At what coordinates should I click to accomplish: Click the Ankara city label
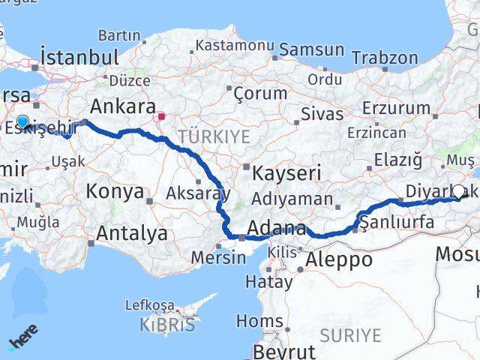coord(122,106)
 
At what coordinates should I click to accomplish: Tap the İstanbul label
coord(80,57)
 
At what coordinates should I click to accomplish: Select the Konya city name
coord(115,191)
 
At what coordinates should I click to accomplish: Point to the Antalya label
coord(132,233)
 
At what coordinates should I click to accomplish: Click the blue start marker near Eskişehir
coord(22,122)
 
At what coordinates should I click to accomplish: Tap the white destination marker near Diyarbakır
coord(459,191)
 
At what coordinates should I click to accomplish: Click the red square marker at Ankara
coord(161,117)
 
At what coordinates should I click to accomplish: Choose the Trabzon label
coord(385,57)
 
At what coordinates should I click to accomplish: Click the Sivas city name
coord(322,115)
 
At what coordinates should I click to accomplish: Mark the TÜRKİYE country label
coord(202,136)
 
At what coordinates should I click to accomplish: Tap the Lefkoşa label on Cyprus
coord(150,305)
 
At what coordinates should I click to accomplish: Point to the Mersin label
coord(218,257)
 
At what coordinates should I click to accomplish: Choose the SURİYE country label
coord(350,334)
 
